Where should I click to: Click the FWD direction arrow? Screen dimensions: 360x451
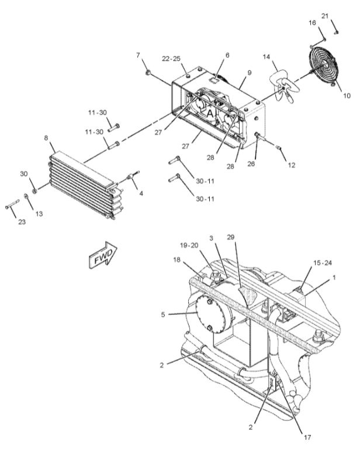click(103, 255)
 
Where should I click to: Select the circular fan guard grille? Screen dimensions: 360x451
click(323, 67)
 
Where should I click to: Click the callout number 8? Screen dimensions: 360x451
click(46, 138)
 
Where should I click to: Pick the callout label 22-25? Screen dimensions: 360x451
click(171, 58)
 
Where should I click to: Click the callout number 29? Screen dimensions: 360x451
click(230, 237)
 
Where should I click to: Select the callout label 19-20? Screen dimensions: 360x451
click(189, 245)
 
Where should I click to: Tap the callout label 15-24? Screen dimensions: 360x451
click(322, 263)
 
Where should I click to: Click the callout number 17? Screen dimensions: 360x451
click(307, 437)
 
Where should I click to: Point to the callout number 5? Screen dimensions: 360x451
click(163, 315)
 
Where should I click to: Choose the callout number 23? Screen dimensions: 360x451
click(22, 222)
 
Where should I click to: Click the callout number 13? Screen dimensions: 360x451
click(39, 214)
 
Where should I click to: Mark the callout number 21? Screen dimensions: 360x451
click(324, 16)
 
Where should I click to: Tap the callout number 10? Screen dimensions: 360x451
click(347, 95)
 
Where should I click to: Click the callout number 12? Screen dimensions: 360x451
click(292, 165)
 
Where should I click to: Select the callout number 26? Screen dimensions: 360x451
click(251, 164)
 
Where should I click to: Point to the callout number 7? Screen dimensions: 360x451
click(138, 55)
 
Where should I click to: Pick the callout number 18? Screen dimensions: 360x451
click(176, 260)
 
